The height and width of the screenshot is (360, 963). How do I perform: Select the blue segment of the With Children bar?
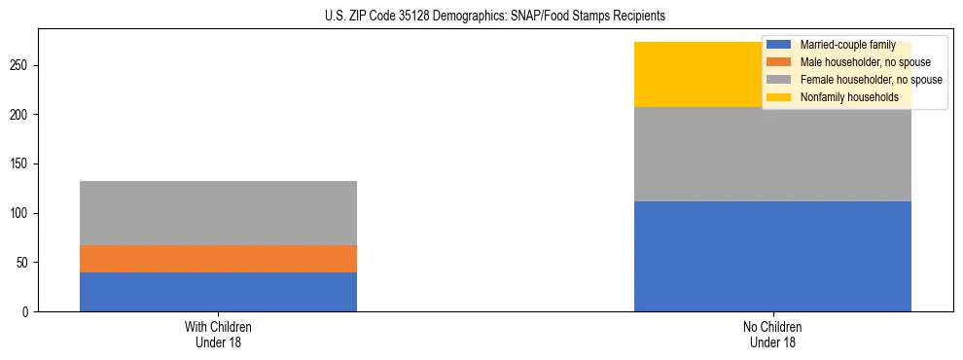point(218,292)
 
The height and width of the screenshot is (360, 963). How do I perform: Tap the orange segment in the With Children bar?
point(218,259)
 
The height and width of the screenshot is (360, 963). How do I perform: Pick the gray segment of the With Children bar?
point(218,213)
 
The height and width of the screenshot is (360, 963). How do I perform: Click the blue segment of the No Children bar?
point(772,256)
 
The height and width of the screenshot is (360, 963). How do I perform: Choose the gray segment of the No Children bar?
point(772,154)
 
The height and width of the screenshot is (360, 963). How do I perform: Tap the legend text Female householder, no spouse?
point(871,80)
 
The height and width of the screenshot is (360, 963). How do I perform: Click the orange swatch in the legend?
point(778,62)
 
